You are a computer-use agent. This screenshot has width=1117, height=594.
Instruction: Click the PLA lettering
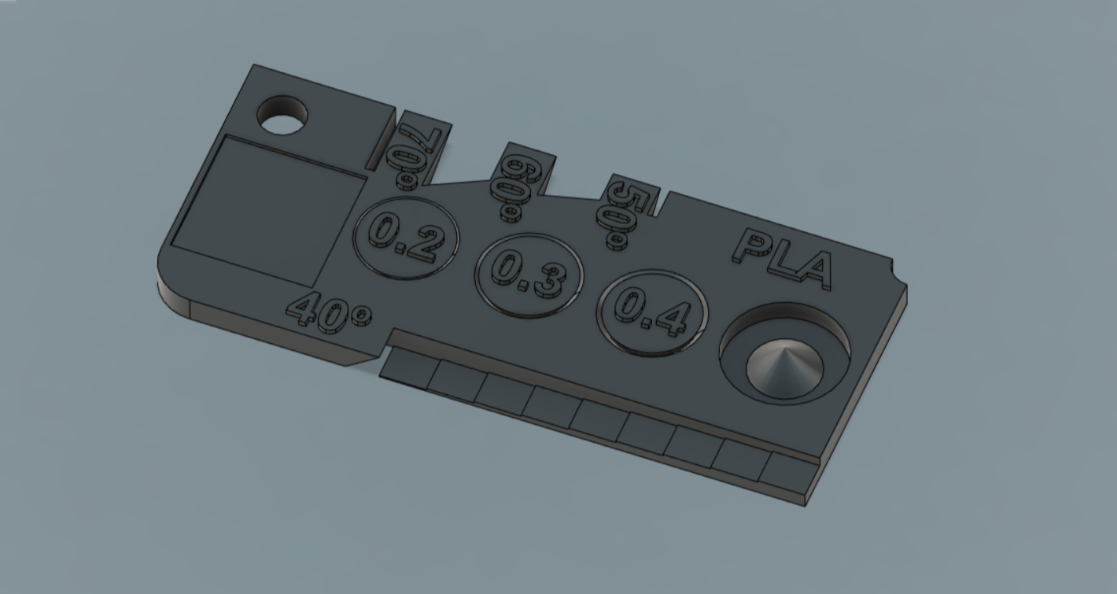point(782,259)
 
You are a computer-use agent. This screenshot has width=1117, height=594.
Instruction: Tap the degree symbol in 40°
point(361,315)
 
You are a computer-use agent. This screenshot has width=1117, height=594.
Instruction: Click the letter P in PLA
point(752,247)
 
